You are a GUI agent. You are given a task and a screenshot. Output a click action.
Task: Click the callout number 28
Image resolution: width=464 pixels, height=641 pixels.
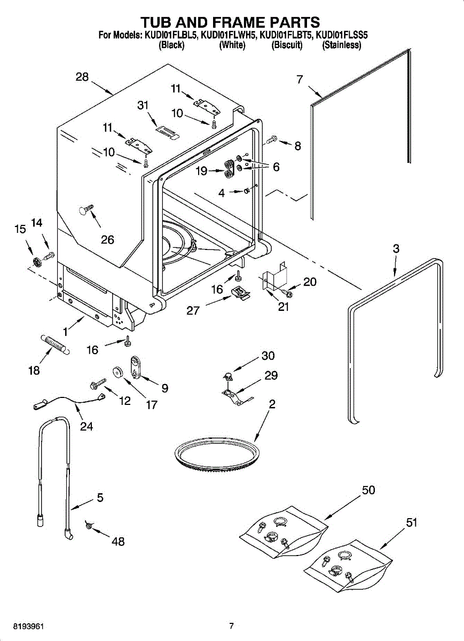[82, 77]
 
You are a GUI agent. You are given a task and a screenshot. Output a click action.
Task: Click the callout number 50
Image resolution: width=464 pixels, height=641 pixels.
[368, 490]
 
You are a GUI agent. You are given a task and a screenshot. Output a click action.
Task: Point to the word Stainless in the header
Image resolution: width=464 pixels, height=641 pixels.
[342, 45]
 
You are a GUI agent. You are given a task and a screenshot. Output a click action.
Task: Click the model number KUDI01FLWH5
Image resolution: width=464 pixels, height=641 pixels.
[228, 35]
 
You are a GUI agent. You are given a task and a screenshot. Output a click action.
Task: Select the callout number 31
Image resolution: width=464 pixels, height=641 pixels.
[143, 105]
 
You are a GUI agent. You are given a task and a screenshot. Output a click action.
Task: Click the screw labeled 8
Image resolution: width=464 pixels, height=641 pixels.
[272, 139]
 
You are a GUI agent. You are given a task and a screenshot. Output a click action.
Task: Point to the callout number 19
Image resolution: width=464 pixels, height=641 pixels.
[201, 171]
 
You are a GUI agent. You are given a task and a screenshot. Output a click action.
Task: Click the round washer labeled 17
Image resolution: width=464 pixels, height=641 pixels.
[118, 372]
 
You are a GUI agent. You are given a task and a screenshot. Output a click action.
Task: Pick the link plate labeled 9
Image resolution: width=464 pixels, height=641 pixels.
[134, 368]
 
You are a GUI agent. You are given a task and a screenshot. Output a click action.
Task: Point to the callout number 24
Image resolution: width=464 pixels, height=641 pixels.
[86, 426]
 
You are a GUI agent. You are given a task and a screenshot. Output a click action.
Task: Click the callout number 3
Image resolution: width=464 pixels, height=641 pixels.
[396, 248]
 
